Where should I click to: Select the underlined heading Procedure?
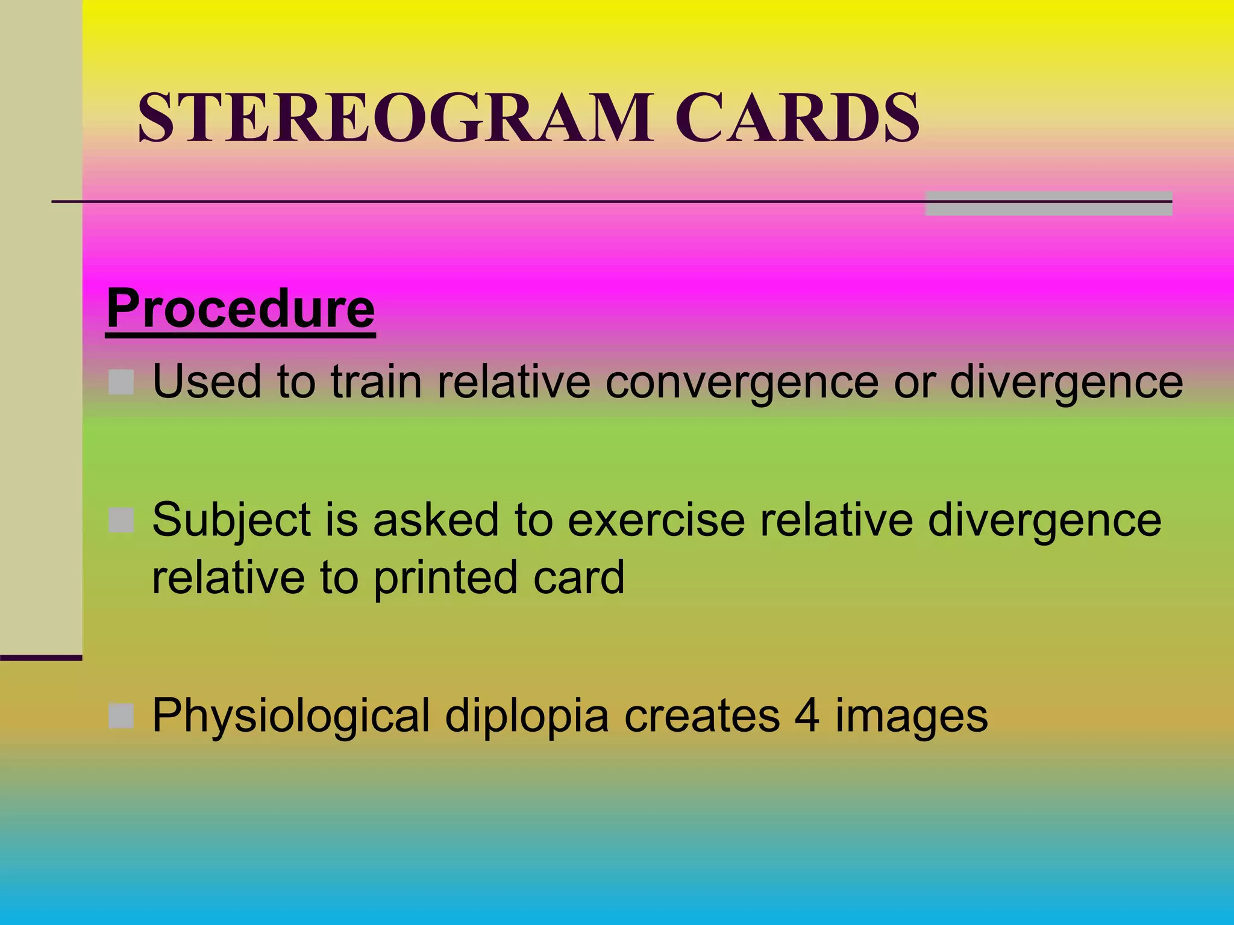tap(240, 309)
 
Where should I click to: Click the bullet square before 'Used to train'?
tap(121, 382)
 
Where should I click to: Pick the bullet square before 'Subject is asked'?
tap(121, 520)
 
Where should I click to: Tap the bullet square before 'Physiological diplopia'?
tap(121, 715)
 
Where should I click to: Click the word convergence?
tap(742, 383)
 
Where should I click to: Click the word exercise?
tap(656, 520)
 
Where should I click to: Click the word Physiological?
tap(291, 717)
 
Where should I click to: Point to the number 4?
tap(807, 715)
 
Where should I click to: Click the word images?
tap(911, 717)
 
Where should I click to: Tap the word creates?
tap(702, 715)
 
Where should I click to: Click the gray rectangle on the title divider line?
tap(1048, 204)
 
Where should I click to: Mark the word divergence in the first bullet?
tap(1066, 383)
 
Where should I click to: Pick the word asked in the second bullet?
tap(436, 520)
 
